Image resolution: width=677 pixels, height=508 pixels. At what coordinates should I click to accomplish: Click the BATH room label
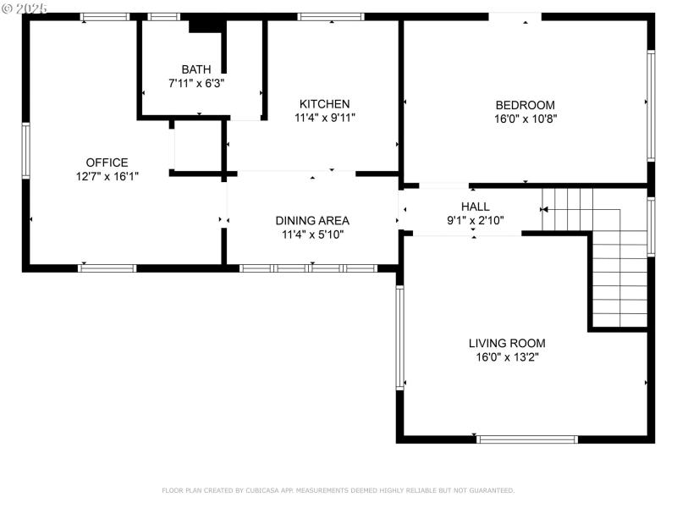196,69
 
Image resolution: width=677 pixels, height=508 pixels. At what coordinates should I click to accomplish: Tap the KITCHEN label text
324,104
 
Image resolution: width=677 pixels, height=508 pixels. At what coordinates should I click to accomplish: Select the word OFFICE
107,163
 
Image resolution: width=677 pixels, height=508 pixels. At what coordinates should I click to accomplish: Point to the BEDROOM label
525,105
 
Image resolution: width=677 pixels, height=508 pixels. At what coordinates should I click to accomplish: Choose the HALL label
475,207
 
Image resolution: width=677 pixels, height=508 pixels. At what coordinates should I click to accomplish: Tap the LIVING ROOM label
507,343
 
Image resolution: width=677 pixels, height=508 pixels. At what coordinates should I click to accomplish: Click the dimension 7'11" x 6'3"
196,84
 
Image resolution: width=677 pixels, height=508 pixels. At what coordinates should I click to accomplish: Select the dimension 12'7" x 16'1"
107,176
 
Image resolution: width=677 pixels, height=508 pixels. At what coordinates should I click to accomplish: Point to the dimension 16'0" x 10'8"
525,119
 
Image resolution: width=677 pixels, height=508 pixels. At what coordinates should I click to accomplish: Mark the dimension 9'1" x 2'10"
475,220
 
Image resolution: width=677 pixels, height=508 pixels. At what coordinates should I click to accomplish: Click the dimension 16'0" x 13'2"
507,356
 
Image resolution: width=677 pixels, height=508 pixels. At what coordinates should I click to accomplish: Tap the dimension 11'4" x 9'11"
324,118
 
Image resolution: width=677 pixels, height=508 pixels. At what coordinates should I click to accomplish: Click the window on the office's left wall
26,151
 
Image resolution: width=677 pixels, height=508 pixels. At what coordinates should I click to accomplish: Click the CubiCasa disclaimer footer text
338,490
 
